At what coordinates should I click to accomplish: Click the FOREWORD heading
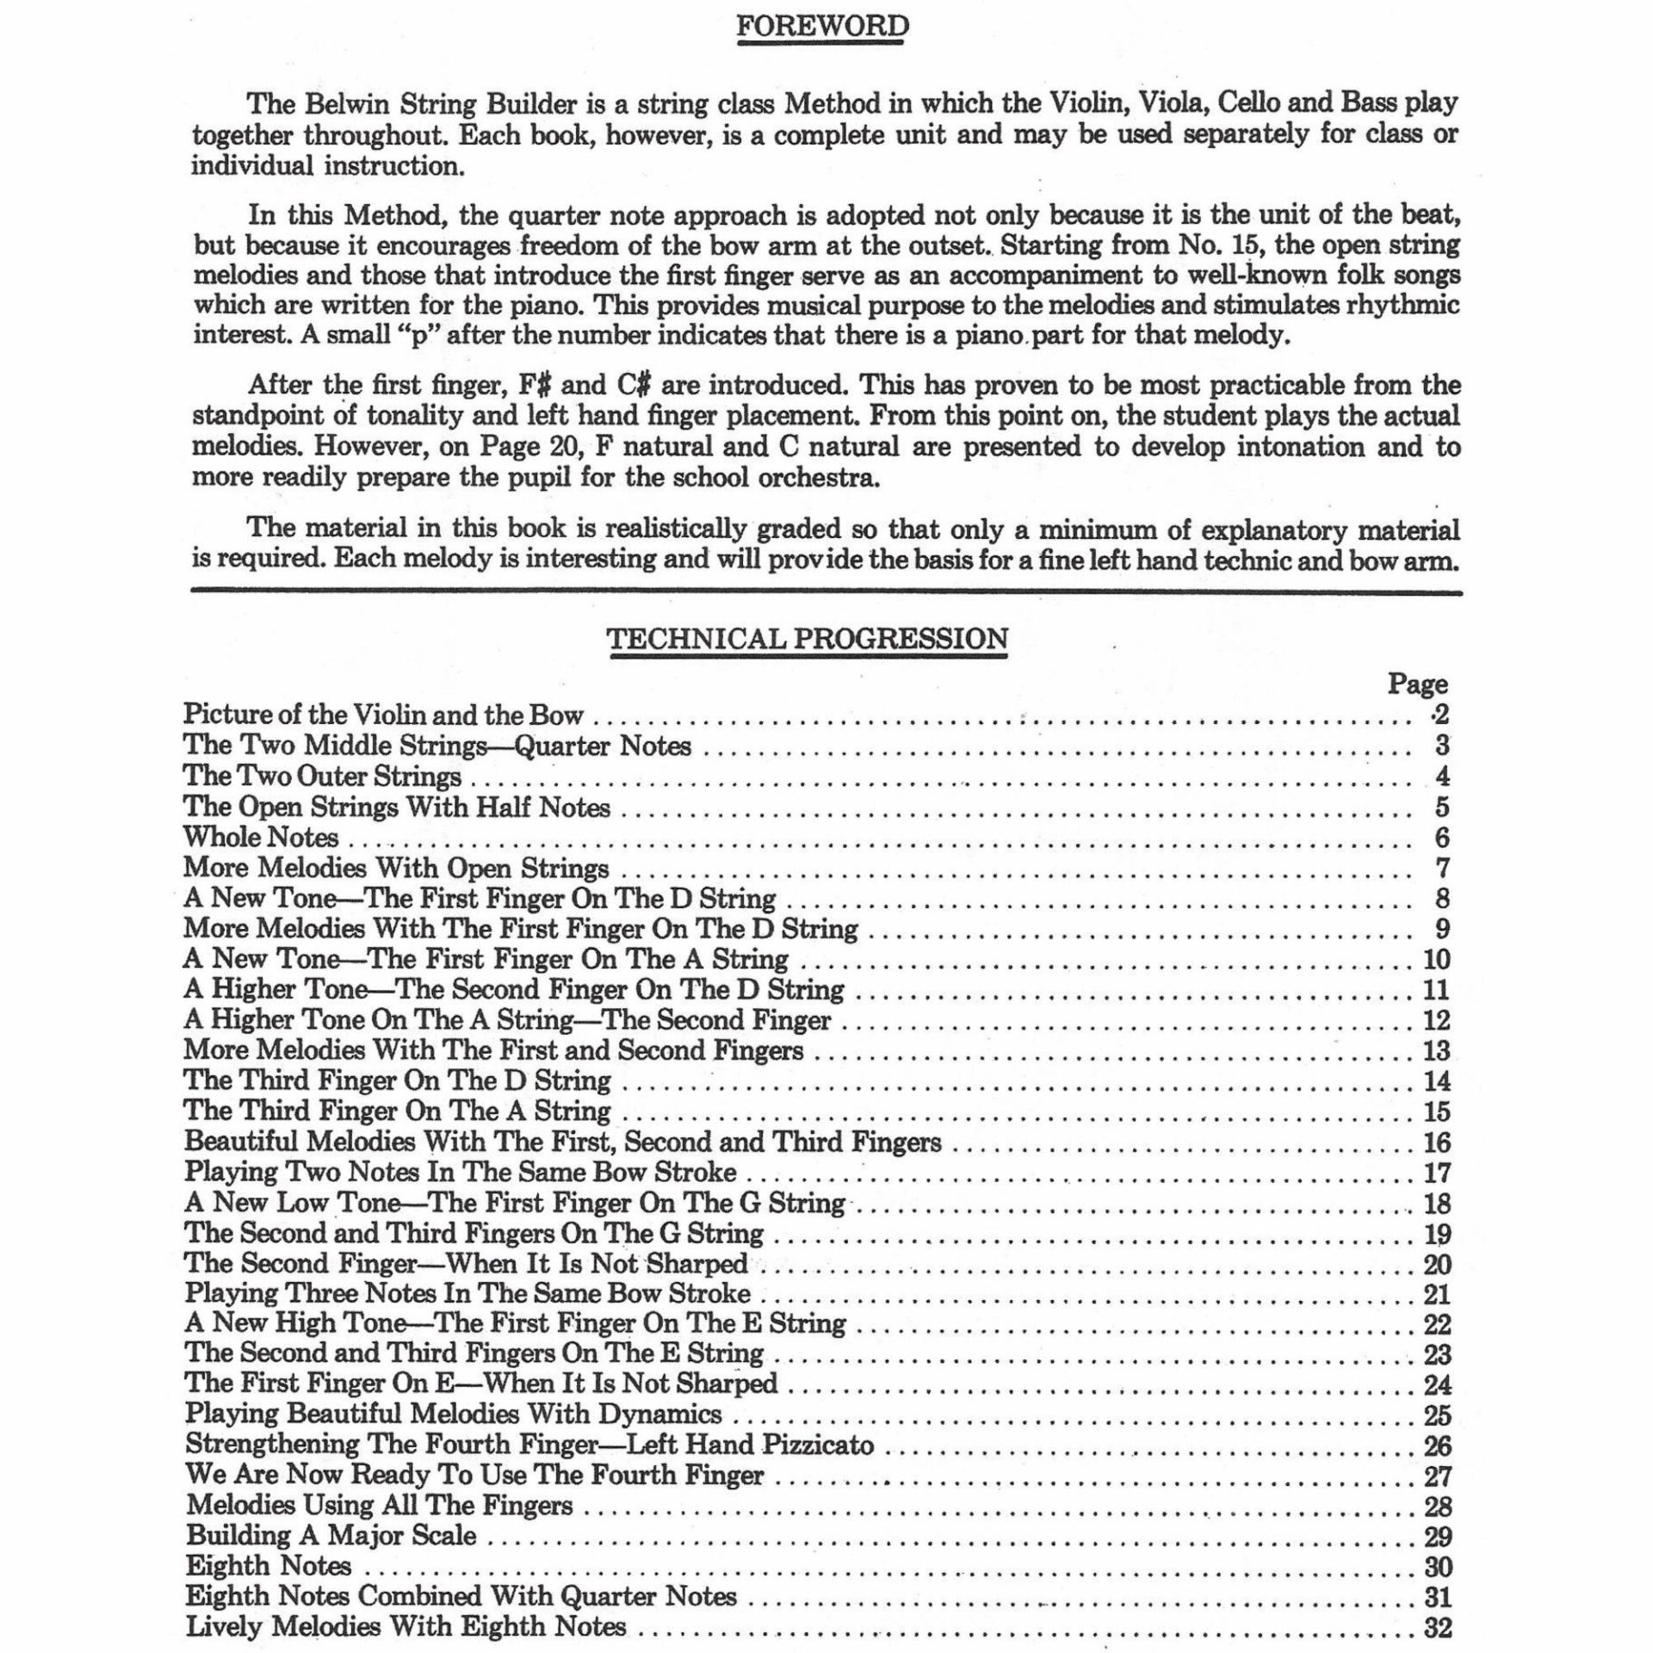pos(822,27)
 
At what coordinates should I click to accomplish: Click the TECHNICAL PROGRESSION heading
pos(808,639)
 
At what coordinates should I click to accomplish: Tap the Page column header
pos(1417,684)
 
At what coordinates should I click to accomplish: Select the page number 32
pos(1438,1627)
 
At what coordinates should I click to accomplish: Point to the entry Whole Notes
pos(261,837)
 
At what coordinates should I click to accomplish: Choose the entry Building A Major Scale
pos(331,1536)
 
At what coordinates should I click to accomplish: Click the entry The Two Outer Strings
pos(323,777)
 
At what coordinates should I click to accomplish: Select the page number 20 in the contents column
pos(1438,1264)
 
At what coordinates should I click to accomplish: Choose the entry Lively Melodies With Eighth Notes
pos(406,1627)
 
